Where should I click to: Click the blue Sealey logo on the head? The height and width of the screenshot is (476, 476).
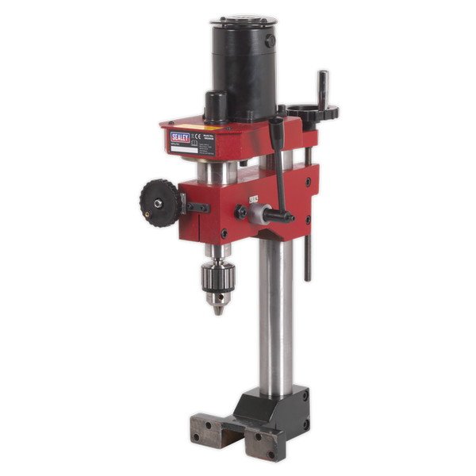(181, 138)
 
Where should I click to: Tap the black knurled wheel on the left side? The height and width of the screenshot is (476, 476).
(161, 202)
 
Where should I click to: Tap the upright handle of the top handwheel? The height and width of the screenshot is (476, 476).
(323, 87)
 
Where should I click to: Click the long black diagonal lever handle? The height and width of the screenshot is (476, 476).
(281, 171)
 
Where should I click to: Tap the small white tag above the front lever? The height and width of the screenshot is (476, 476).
(254, 200)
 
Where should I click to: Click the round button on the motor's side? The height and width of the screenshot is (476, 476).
(271, 40)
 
